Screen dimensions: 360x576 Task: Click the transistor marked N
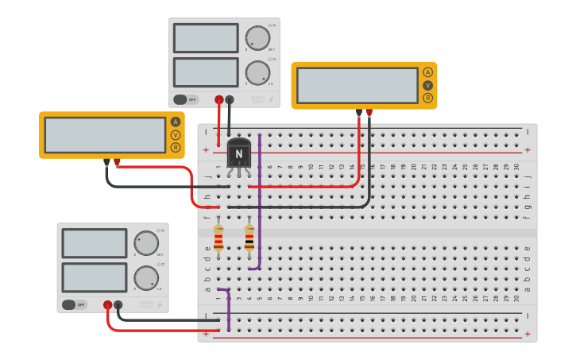[239, 153]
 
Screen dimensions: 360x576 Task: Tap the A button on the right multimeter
[427, 72]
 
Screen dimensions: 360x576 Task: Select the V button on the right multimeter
[427, 85]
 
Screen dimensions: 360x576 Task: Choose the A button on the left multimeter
[176, 122]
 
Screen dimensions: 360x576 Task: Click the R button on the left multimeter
[176, 147]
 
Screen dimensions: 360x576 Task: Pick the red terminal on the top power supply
[219, 100]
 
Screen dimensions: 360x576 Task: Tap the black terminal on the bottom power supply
[118, 304]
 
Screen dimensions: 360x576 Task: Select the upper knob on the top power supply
[257, 37]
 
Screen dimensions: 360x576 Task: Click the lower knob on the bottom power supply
[145, 277]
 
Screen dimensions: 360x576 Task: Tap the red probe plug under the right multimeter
[369, 113]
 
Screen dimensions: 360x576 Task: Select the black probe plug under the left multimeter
[106, 162]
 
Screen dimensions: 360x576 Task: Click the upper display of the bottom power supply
[95, 243]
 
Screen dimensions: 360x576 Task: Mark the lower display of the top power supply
[206, 72]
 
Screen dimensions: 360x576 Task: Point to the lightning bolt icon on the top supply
[272, 100]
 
